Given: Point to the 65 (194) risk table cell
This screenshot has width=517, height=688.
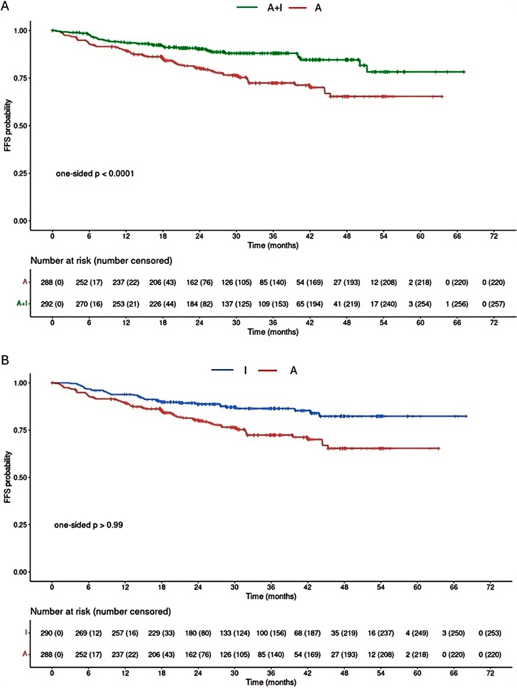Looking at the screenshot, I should point(310,304).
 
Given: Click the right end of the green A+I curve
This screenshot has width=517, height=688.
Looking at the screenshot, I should point(464,72).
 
